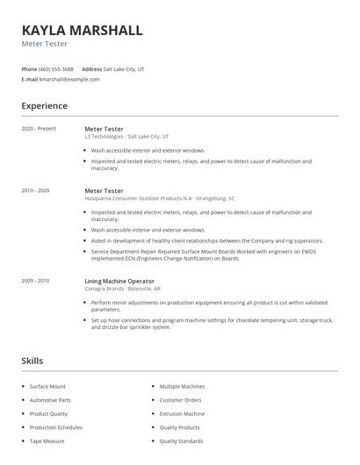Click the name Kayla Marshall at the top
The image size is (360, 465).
pyautogui.click(x=82, y=30)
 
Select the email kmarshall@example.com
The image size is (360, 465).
pyautogui.click(x=69, y=79)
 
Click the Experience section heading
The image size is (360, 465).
pyautogui.click(x=44, y=106)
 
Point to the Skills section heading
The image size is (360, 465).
pyautogui.click(x=32, y=361)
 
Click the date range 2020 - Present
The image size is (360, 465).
pyautogui.click(x=39, y=129)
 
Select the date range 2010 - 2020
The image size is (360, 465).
pyautogui.click(x=36, y=190)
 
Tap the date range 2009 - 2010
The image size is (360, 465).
pyautogui.click(x=36, y=281)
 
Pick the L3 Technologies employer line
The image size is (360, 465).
pyautogui.click(x=127, y=137)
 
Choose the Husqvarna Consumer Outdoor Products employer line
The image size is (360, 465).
pyautogui.click(x=159, y=198)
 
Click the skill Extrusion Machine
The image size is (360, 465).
pyautogui.click(x=182, y=413)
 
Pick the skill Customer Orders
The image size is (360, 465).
pyautogui.click(x=180, y=400)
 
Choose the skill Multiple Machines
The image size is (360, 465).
pyautogui.click(x=183, y=386)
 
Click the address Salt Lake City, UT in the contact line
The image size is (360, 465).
pyautogui.click(x=124, y=68)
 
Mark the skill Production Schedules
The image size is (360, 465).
pyautogui.click(x=55, y=427)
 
